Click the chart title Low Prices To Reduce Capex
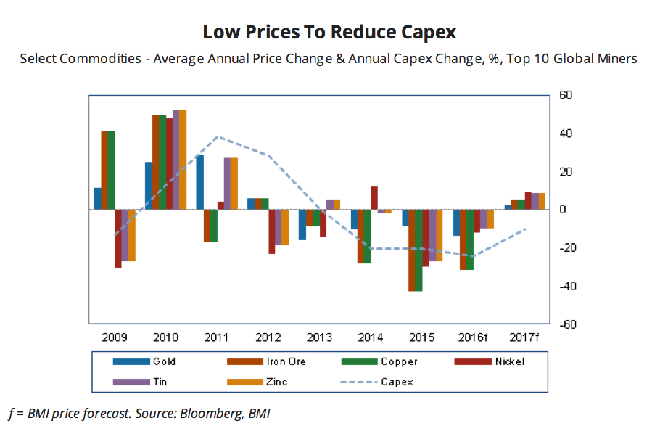pyautogui.click(x=329, y=33)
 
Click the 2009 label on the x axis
pyautogui.click(x=115, y=338)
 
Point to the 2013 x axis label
pyautogui.click(x=320, y=338)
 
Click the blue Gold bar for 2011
pyautogui.click(x=200, y=182)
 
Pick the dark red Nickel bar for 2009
pyautogui.click(x=118, y=239)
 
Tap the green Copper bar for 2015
pyautogui.click(x=418, y=250)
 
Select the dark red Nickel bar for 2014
pyautogui.click(x=375, y=198)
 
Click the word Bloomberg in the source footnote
pyautogui.click(x=194, y=414)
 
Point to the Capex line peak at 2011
pyautogui.click(x=218, y=136)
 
